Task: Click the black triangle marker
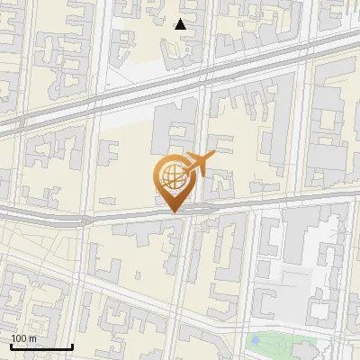181,24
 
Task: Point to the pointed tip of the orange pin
173,211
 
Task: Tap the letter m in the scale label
32,338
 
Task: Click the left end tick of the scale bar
10,346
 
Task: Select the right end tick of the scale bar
72,346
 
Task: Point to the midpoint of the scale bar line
40,347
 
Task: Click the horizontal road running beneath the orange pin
108,216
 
